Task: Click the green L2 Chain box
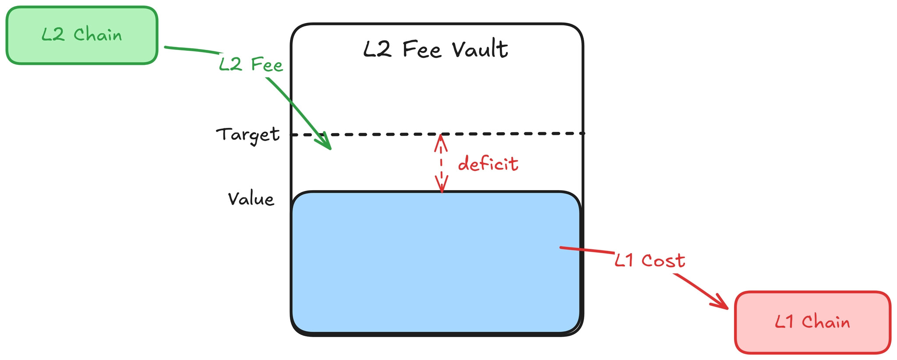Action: coord(81,35)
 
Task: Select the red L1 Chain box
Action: coord(812,322)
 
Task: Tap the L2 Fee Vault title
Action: coord(435,49)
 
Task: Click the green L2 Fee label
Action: coord(251,65)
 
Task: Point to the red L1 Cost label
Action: coord(650,261)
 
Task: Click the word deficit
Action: coord(488,164)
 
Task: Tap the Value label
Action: coord(251,199)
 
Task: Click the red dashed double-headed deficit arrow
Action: coord(441,163)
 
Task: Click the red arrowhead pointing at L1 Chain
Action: coord(720,303)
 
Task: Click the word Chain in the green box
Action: coord(98,35)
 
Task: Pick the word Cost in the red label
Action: coord(663,261)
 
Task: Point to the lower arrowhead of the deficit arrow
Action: coord(442,186)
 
